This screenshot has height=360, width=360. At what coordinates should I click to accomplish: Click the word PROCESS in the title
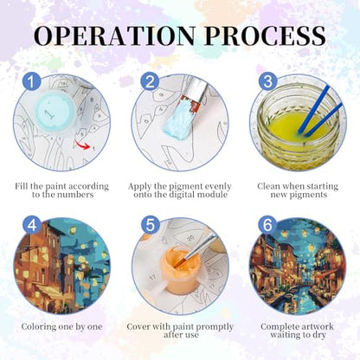click(266, 35)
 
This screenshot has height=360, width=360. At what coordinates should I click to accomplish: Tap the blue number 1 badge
click(32, 81)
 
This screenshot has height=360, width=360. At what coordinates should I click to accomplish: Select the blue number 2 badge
click(150, 81)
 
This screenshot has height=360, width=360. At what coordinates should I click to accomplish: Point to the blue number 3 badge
click(267, 81)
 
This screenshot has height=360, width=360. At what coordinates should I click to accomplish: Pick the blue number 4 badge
click(32, 225)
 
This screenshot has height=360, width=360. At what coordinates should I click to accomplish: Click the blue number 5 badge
click(150, 225)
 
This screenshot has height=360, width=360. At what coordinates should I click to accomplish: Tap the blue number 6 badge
click(267, 225)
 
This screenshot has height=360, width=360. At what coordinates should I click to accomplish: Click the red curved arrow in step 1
click(83, 145)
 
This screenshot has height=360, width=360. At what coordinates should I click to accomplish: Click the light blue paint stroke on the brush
click(177, 121)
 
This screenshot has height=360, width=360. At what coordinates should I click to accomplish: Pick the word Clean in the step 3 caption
click(268, 186)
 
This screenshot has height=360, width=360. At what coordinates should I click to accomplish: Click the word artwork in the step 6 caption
click(317, 327)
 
